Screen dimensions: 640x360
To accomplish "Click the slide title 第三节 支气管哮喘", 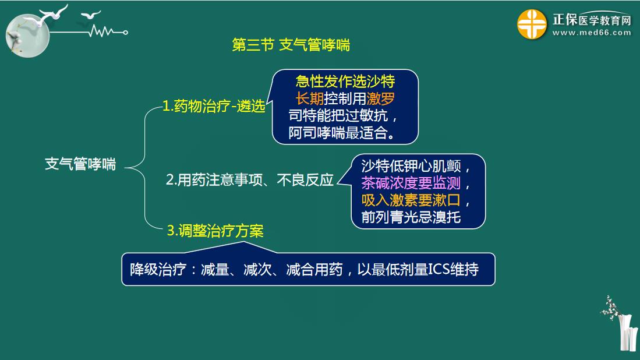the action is [x=291, y=45].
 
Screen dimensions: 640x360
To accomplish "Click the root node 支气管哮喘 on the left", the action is [x=80, y=164].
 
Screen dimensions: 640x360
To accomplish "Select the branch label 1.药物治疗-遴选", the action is [x=214, y=106].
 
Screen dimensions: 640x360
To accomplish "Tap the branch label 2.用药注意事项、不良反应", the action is [x=250, y=179].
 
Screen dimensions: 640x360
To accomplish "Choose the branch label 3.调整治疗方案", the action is [x=215, y=231].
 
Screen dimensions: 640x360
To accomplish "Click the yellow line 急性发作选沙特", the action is [x=345, y=81].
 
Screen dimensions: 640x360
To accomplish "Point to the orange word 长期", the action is [x=309, y=98].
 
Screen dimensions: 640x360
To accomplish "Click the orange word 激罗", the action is [x=381, y=98].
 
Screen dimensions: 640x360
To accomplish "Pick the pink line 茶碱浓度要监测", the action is [x=411, y=183].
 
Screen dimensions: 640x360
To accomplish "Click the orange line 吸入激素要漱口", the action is [x=411, y=200].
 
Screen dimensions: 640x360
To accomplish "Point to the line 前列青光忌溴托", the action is [x=411, y=217].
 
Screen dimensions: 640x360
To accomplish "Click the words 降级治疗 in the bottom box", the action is [x=158, y=269].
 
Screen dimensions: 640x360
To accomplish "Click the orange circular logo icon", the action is [x=532, y=24].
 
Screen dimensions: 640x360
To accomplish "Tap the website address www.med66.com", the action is [x=592, y=33].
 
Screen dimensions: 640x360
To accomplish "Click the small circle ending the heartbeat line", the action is [x=125, y=32].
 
